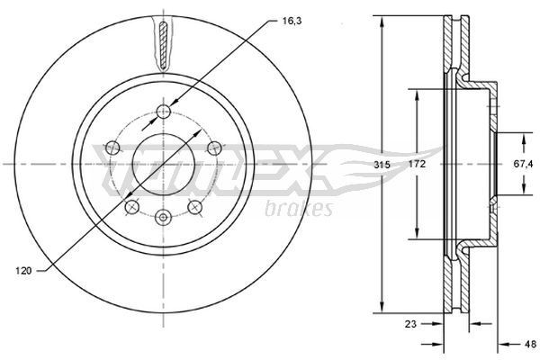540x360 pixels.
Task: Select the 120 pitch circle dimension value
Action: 26,269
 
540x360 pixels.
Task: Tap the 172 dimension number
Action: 415,166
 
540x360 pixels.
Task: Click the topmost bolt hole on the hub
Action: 163,112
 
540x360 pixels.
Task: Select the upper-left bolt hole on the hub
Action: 112,148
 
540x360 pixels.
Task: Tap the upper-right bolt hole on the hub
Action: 213,148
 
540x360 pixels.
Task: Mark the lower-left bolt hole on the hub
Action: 131,208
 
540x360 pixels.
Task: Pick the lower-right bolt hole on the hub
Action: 194,208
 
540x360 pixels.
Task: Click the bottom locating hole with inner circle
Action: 163,217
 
